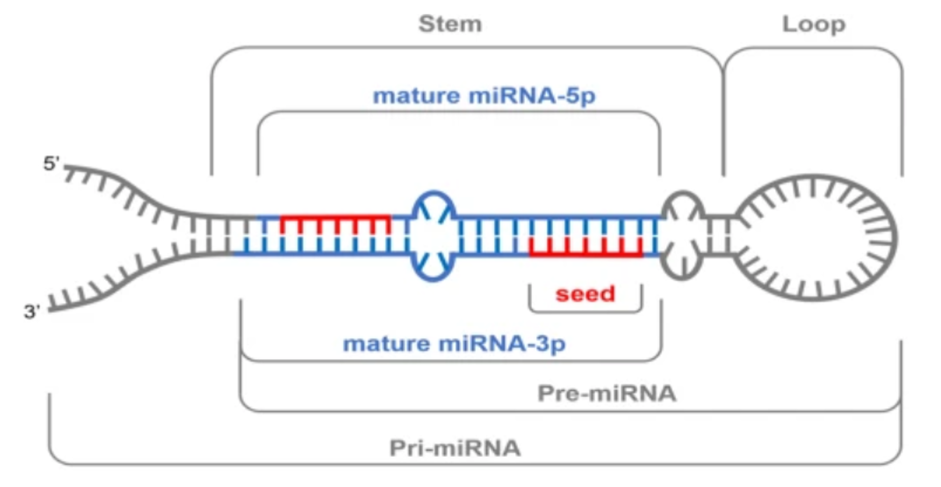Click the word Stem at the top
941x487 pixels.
coord(450,24)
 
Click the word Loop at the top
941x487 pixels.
coord(814,24)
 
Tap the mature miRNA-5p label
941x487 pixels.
coord(484,96)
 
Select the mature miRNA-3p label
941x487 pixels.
coord(454,343)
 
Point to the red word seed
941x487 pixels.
coord(586,294)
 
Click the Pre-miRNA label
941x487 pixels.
coord(607,393)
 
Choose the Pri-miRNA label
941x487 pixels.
coord(455,448)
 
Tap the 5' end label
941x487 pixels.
coord(51,164)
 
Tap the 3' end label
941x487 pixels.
coord(32,311)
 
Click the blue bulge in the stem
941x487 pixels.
coord(433,236)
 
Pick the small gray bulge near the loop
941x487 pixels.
coord(683,235)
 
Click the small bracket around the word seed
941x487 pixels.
coord(586,310)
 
